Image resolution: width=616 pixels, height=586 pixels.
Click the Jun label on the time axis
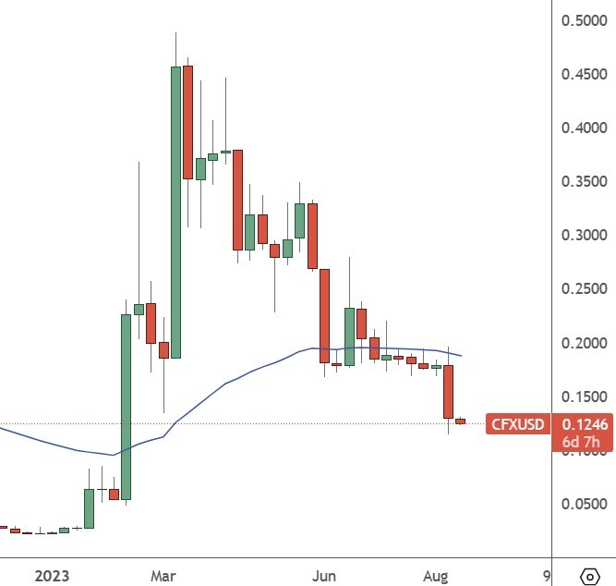tap(323, 576)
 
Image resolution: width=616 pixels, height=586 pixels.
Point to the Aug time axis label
tap(436, 576)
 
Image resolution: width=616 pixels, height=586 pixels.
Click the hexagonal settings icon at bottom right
tap(589, 575)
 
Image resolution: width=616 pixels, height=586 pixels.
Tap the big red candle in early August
tap(448, 391)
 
